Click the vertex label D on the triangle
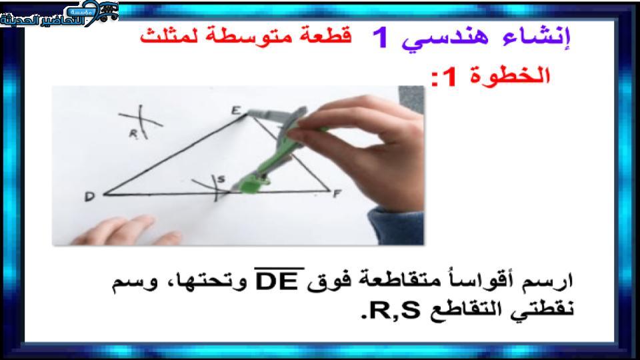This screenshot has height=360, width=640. [90, 197]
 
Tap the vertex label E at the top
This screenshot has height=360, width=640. [236, 110]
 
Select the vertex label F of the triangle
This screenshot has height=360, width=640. [337, 193]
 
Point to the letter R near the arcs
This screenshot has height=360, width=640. [133, 134]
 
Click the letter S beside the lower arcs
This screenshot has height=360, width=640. [221, 179]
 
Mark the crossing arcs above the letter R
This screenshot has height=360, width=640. [141, 119]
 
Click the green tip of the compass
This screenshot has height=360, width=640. [249, 186]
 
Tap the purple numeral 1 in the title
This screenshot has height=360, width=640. [381, 38]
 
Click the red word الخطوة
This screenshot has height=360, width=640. [510, 75]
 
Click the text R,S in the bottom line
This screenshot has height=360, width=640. [391, 311]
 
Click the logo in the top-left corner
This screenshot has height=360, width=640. [59, 14]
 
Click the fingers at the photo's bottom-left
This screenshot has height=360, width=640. [127, 231]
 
